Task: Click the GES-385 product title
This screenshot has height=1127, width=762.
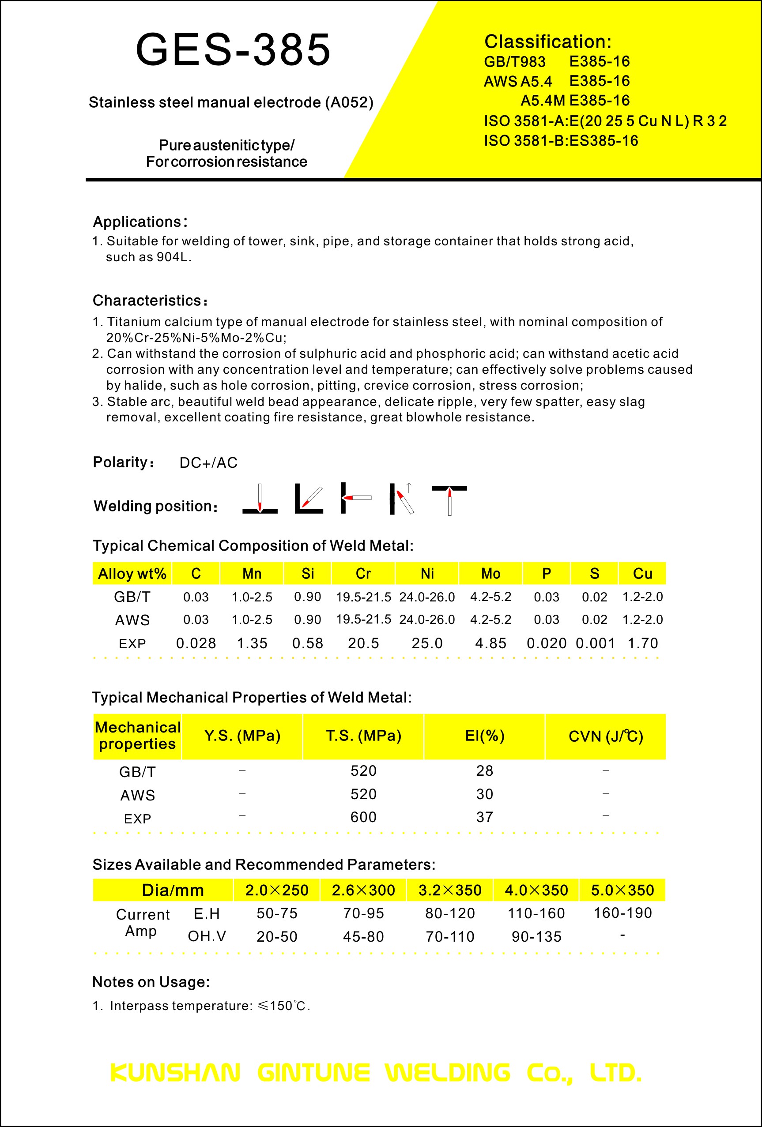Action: tap(233, 49)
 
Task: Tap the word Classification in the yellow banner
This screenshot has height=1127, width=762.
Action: tap(547, 42)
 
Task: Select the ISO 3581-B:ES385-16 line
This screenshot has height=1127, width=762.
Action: tap(561, 141)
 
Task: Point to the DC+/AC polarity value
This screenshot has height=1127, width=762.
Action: tap(208, 462)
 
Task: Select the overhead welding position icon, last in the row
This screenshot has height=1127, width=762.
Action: tap(449, 500)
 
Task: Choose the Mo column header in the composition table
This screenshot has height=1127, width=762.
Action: tap(490, 574)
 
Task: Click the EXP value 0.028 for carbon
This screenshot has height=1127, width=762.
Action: tap(196, 643)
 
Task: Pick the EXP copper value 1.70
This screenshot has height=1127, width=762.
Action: tap(643, 643)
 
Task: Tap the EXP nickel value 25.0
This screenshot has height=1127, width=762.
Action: tap(427, 643)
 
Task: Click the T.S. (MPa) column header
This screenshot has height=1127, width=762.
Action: tap(363, 736)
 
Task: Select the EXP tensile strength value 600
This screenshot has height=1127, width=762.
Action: tap(363, 817)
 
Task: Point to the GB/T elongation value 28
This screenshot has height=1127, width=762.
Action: tap(485, 770)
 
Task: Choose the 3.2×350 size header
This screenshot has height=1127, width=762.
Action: tap(449, 890)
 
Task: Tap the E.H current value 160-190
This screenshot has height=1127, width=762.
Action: tap(623, 913)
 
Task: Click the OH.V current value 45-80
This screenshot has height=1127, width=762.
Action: tap(363, 936)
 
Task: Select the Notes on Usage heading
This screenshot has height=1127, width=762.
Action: tap(151, 982)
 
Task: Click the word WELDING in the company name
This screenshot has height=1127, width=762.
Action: tap(448, 1073)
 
